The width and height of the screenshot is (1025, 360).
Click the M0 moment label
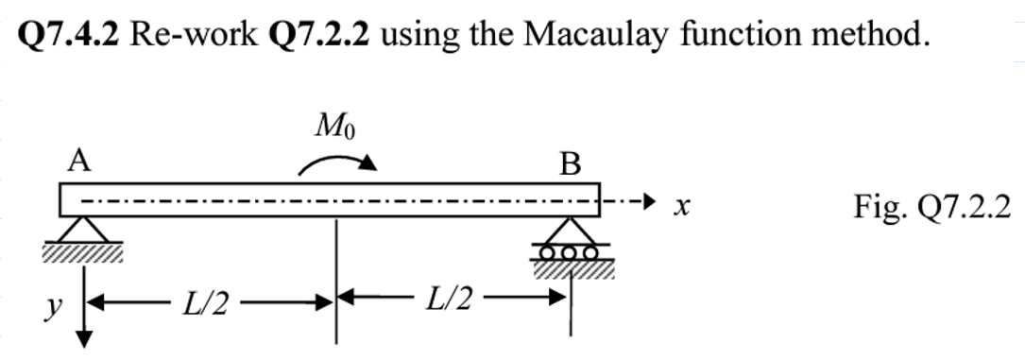click(x=337, y=127)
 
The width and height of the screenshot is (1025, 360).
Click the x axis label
click(x=678, y=203)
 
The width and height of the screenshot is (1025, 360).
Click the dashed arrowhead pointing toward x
click(x=644, y=201)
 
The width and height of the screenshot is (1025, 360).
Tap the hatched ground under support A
click(x=81, y=252)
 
